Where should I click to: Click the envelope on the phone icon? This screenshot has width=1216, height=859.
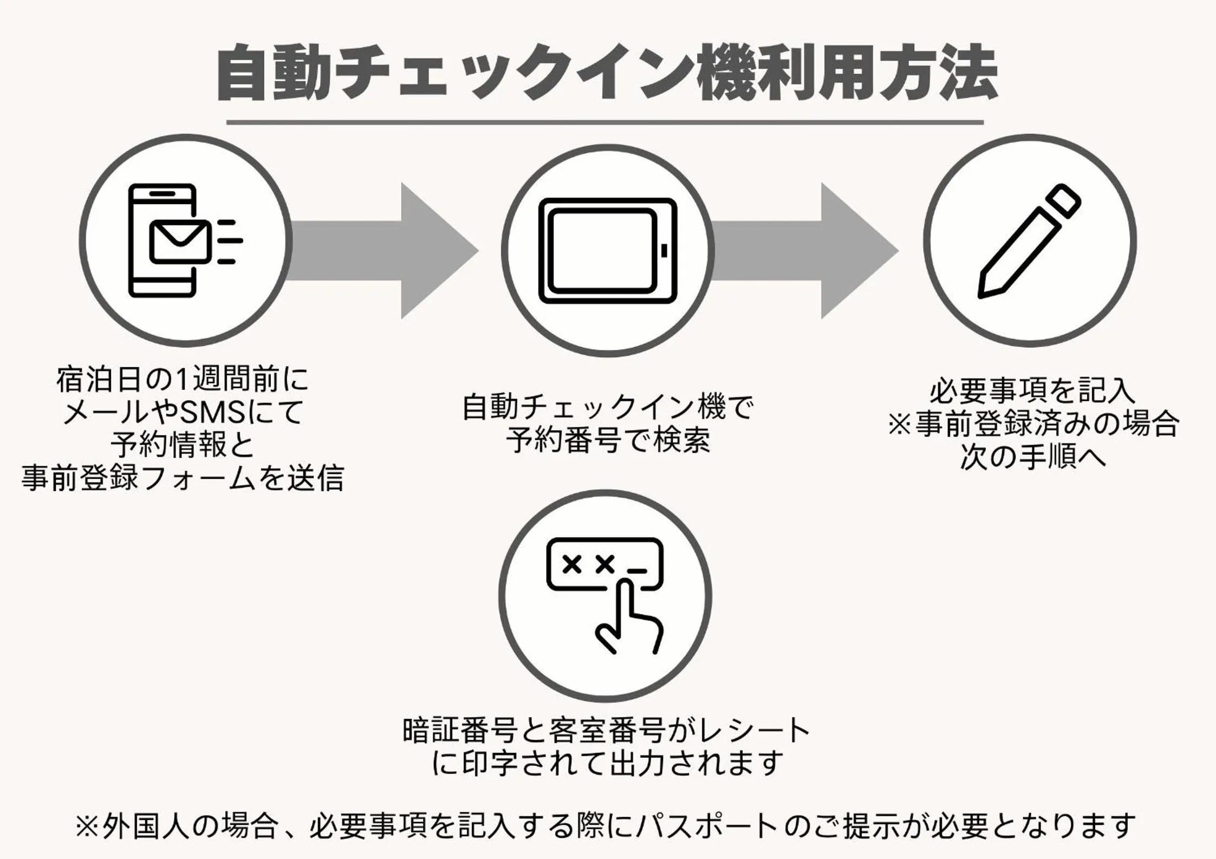(180, 242)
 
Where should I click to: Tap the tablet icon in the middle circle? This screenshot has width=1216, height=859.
(608, 251)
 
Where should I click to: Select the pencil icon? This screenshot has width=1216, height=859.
(1029, 241)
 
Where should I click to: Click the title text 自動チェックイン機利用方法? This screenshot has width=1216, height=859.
(607, 73)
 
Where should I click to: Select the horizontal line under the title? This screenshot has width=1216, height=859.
(604, 122)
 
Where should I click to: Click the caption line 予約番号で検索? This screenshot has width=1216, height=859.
(608, 440)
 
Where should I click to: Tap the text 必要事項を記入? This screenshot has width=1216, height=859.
(1032, 391)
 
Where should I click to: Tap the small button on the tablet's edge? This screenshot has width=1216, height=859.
(665, 251)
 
